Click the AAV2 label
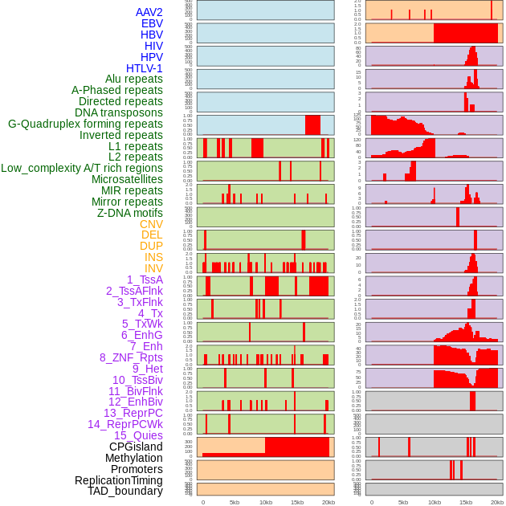click(149, 12)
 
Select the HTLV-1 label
click(144, 68)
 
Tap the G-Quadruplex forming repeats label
click(85, 124)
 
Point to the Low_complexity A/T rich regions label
click(82, 168)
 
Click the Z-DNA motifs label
click(129, 213)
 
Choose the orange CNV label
click(151, 224)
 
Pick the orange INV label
click(153, 268)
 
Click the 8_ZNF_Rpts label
click(131, 357)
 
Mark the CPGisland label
click(136, 447)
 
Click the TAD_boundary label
click(125, 491)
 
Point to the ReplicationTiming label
click(119, 480)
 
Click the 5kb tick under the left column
click(235, 502)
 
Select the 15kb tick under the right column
click(466, 502)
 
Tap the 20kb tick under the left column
click(328, 502)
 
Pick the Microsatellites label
click(127, 179)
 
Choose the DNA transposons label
click(119, 112)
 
